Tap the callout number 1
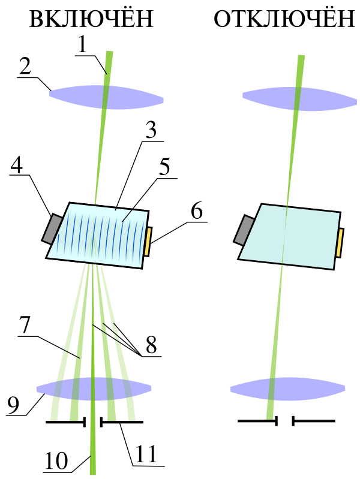(x=82, y=45)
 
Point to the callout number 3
(x=151, y=130)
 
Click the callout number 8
(x=151, y=345)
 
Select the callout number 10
(x=56, y=460)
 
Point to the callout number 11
(x=146, y=454)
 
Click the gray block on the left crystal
(x=52, y=228)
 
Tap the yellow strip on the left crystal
(x=148, y=242)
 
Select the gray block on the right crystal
(x=244, y=230)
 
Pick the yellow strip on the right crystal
(x=340, y=243)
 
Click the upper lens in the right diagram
(x=299, y=99)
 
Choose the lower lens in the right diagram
(x=287, y=389)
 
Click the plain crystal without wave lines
(x=289, y=236)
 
